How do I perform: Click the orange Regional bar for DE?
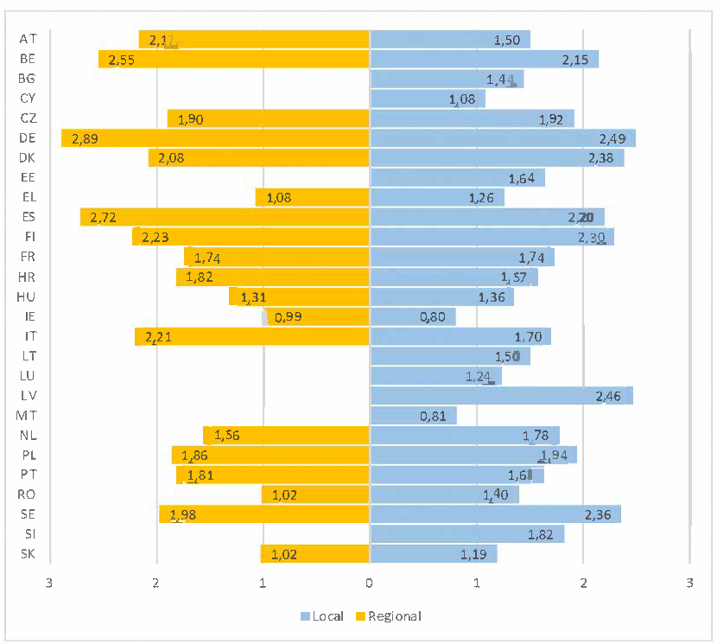point(216,138)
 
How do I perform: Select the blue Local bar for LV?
point(501,396)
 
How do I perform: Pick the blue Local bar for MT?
point(413,416)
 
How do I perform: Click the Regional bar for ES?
point(225,217)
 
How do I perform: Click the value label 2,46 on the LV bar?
point(608,397)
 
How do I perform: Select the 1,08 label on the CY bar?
point(462,99)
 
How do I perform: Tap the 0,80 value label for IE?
point(432,317)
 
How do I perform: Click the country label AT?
point(28,40)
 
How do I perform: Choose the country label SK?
point(28,554)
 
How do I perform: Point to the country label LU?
point(28,376)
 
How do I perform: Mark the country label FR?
point(28,257)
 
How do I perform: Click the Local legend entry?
point(323,616)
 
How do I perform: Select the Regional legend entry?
point(388,616)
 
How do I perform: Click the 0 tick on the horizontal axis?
point(370,581)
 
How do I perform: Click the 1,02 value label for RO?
point(284,495)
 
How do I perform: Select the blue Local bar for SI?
point(466,534)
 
